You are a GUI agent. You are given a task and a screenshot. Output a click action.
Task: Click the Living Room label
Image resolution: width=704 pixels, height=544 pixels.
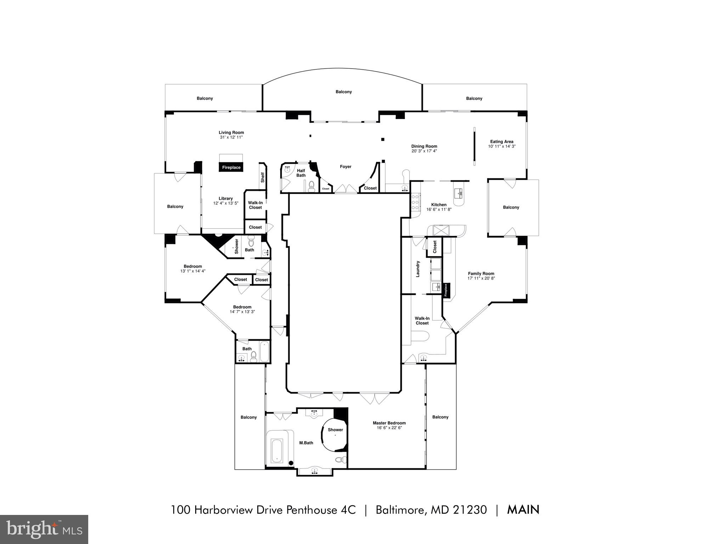coord(231,133)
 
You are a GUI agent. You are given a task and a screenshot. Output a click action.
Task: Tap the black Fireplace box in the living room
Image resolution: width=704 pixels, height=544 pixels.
coord(231,167)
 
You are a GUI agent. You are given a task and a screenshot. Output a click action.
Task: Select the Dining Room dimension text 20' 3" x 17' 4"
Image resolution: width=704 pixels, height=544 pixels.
coord(424,151)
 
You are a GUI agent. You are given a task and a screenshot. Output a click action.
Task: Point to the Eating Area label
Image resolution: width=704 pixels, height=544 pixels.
coord(501,141)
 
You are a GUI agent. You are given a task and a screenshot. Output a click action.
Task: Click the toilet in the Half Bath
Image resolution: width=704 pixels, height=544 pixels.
coord(311,186)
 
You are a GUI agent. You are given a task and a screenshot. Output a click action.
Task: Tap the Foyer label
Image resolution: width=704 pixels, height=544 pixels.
coord(345,167)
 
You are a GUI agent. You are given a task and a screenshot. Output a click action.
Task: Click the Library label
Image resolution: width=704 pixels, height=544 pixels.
coord(225,198)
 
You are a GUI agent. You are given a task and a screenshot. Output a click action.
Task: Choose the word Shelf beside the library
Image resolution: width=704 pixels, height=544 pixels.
coord(263,177)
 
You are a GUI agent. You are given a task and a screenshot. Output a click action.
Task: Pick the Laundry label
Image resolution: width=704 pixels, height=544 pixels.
coord(418,269)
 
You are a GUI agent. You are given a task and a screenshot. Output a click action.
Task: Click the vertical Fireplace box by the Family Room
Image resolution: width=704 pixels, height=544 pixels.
coord(446,290)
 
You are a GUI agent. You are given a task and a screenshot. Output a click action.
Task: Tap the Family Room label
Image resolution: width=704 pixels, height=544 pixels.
coord(481,273)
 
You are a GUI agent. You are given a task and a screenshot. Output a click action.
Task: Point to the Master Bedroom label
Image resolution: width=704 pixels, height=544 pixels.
coord(389,423)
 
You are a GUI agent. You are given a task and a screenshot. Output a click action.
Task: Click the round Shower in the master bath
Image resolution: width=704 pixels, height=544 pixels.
coord(335,434)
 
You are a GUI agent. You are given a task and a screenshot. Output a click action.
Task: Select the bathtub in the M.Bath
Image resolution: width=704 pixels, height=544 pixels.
coord(277,450)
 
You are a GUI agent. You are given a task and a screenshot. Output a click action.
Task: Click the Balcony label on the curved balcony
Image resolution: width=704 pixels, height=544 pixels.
coord(343,92)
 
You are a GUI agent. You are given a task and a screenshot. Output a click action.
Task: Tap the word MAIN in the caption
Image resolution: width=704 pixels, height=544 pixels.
coord(523,510)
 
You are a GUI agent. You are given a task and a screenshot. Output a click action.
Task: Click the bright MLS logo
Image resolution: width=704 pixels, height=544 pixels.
coord(44,529)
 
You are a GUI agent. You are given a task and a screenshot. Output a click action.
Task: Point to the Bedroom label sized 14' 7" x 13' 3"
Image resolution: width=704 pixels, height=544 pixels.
coord(242,307)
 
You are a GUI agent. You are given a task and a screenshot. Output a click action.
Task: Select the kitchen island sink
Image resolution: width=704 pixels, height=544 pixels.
coord(460,193)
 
